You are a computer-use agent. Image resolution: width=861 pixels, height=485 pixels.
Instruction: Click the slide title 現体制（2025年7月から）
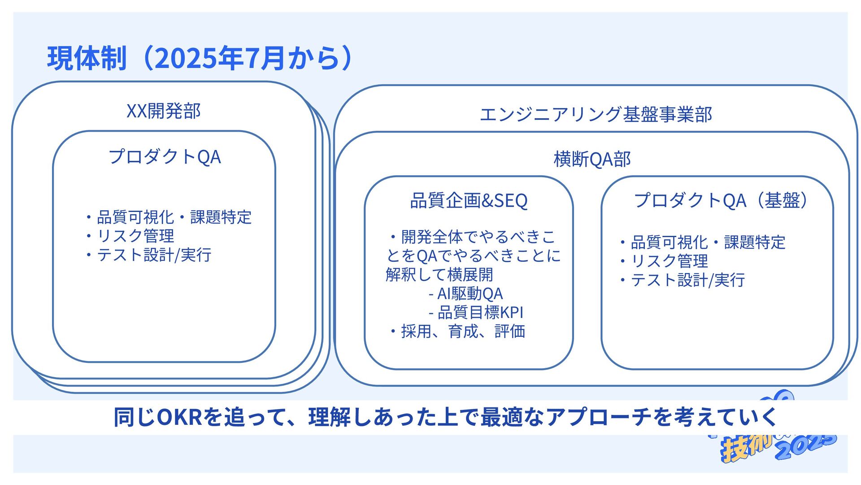[200, 58]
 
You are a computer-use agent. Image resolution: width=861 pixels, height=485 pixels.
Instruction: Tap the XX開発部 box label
[164, 111]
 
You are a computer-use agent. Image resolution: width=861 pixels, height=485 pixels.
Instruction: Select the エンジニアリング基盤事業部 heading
[596, 115]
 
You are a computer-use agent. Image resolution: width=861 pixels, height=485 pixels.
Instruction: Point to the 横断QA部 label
[592, 159]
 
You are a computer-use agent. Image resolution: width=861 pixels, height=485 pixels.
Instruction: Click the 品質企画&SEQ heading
[469, 201]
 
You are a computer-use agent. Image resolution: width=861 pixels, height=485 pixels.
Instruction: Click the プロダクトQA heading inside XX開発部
[165, 157]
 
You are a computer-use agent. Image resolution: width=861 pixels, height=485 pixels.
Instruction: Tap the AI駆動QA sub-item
[470, 294]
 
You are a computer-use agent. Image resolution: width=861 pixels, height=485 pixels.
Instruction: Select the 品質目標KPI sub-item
[480, 313]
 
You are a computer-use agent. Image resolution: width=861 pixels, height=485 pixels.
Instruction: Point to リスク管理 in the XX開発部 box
[135, 236]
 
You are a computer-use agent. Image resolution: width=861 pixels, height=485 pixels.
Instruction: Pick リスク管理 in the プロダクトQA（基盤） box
[669, 261]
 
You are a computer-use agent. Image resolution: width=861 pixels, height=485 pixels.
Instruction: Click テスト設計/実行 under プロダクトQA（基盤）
[687, 280]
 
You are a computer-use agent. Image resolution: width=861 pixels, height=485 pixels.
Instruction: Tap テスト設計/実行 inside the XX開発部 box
[154, 255]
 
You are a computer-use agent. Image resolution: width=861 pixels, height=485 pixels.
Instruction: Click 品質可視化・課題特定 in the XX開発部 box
[174, 217]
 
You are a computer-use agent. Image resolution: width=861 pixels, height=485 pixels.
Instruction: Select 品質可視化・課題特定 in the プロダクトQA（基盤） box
[708, 242]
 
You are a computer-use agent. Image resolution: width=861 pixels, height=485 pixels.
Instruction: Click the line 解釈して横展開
[439, 274]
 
